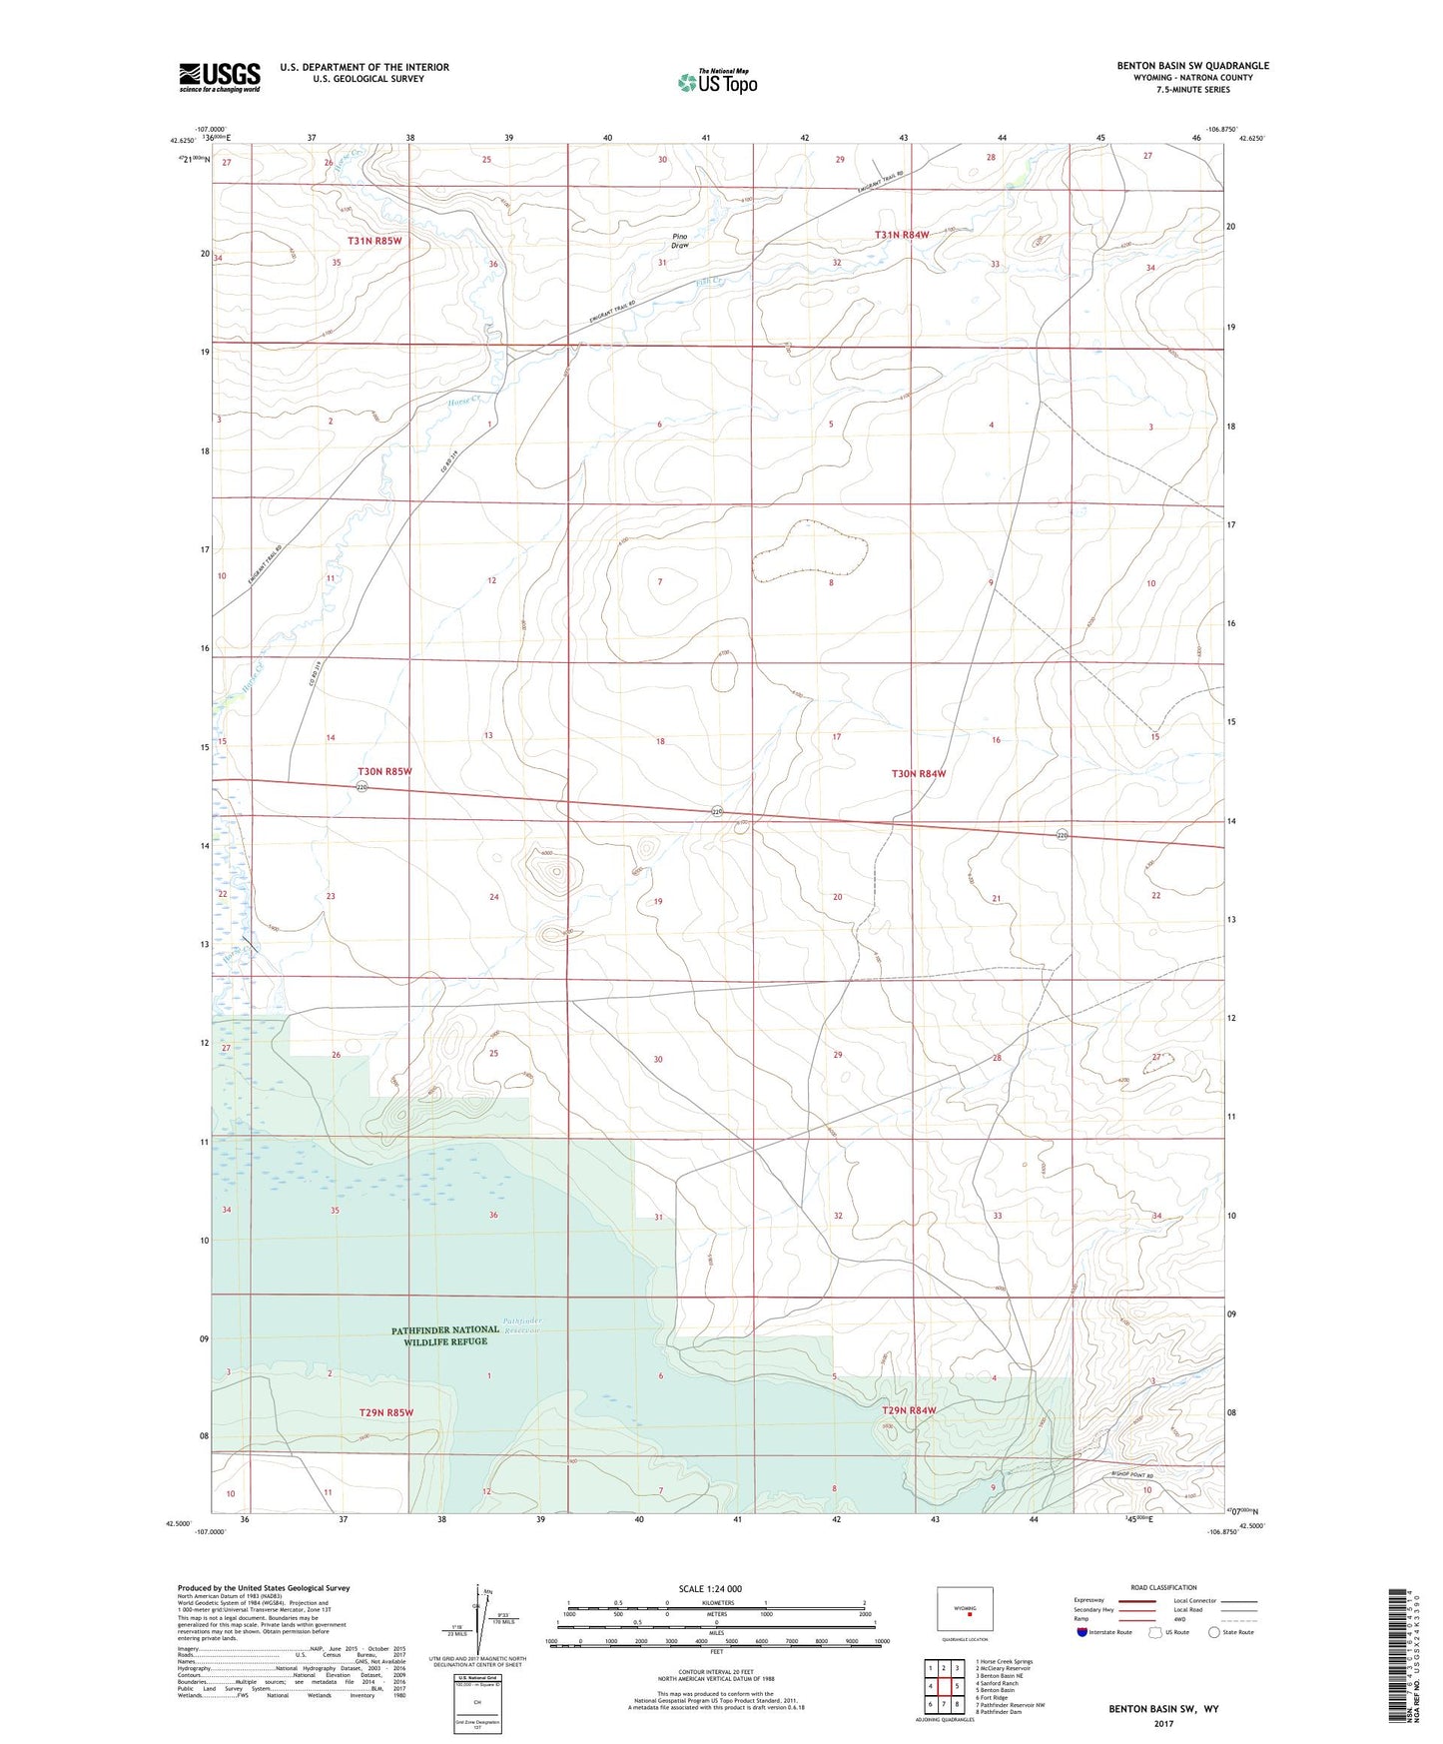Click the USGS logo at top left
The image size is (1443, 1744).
coord(220,77)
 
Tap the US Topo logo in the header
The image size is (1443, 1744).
coord(717,82)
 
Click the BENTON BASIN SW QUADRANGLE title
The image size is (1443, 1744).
coord(1192,66)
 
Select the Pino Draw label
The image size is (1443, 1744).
coord(680,241)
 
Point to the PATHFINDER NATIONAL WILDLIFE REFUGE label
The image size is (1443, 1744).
coord(445,1335)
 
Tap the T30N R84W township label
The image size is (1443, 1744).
coord(918,773)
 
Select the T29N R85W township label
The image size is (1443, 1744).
coord(385,1412)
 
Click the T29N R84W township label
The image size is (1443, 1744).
coord(909,1410)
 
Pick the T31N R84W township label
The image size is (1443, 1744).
coord(902,235)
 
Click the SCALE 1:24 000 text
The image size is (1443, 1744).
coord(710,1589)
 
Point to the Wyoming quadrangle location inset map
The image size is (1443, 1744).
coord(965,1613)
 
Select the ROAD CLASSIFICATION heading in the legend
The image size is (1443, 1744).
coord(1163,1587)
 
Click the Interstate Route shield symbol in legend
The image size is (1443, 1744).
coord(1082,1632)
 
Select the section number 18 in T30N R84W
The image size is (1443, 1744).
coord(660,741)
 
